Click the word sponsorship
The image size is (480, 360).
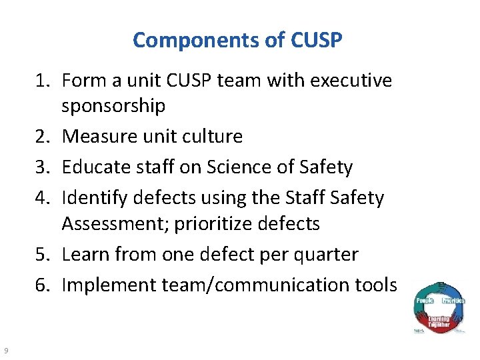tap(113, 105)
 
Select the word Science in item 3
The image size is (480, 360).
tap(238, 167)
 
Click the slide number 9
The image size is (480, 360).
tap(5, 351)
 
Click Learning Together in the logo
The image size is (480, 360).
tap(439, 322)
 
